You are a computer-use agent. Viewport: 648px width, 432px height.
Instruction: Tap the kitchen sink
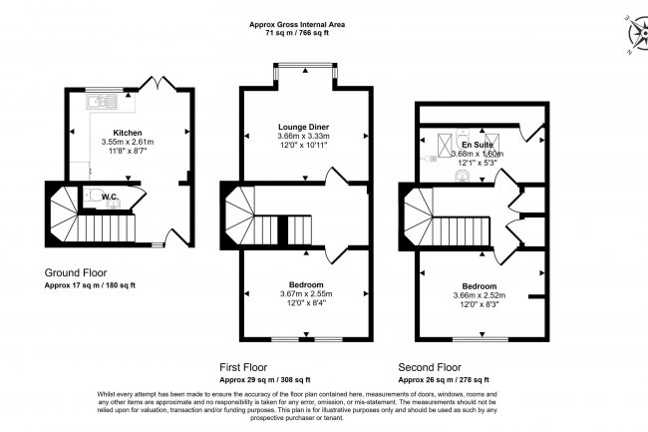click(x=102, y=101)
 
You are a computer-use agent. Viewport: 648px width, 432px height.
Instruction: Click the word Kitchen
click(x=128, y=133)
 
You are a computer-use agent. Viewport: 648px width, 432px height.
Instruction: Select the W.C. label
click(x=110, y=198)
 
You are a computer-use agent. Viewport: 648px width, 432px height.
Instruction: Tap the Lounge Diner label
click(x=304, y=128)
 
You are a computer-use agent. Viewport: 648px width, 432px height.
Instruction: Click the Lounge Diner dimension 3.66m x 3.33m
click(x=304, y=137)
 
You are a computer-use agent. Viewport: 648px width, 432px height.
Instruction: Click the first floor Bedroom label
click(x=304, y=284)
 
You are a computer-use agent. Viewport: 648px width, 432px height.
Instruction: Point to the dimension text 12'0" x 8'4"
click(x=304, y=303)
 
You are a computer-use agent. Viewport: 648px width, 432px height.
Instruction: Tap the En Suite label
click(x=478, y=145)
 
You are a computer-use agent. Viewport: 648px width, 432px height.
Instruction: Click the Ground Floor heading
click(x=76, y=272)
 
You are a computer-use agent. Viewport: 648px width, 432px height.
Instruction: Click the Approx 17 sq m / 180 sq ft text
click(x=91, y=285)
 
